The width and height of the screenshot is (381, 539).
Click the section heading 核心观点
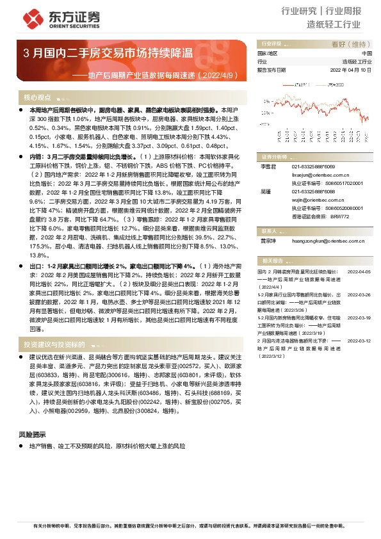coord(37,98)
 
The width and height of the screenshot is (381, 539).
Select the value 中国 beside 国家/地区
coord(366,53)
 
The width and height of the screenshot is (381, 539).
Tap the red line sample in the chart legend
coord(289,83)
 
